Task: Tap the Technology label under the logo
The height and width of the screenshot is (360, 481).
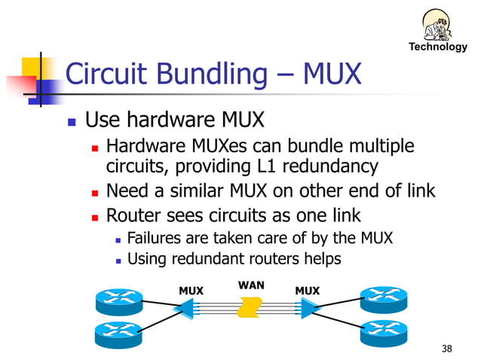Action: [x=438, y=47]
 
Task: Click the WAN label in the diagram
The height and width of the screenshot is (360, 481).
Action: [x=251, y=285]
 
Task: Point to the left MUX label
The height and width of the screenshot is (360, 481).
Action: [x=191, y=291]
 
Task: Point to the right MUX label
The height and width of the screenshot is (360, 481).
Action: [x=308, y=291]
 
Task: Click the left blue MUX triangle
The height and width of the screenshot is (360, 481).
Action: [x=185, y=308]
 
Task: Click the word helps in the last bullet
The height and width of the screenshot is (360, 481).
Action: [x=320, y=259]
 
